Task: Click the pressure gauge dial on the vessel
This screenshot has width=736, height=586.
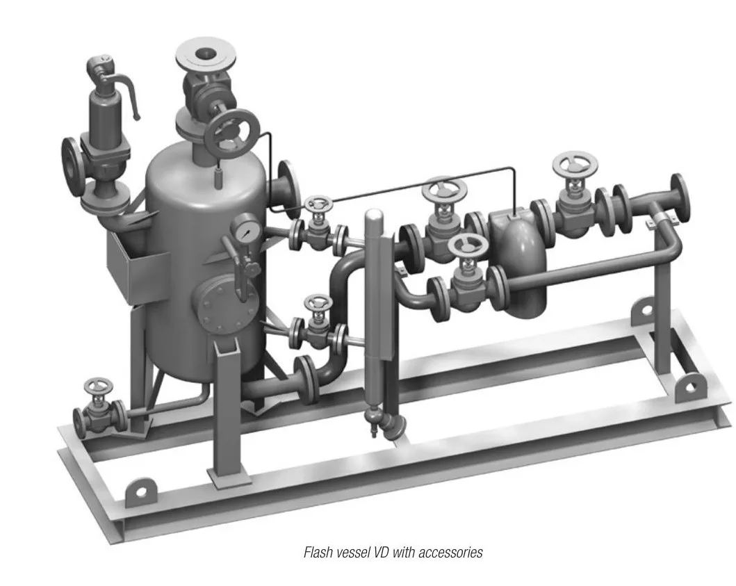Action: [245, 229]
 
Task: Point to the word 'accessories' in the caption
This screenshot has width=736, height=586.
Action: [450, 553]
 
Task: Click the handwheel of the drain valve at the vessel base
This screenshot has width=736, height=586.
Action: [99, 386]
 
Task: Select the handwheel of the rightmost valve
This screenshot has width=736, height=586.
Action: [575, 164]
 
